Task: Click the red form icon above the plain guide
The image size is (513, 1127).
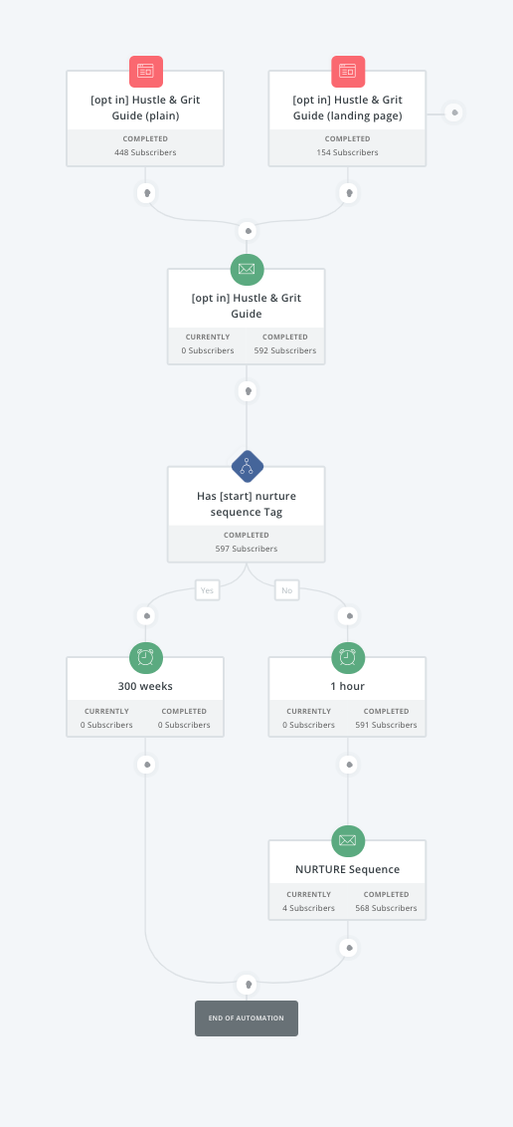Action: [x=146, y=71]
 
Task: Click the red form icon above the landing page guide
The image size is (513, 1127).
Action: [x=347, y=71]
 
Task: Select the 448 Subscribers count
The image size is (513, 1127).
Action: [x=145, y=152]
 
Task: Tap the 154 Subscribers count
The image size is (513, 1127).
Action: [x=347, y=152]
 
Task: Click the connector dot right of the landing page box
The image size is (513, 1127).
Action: [x=453, y=113]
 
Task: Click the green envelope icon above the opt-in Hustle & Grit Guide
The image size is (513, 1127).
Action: [x=247, y=269]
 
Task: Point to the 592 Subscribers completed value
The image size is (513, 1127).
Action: [x=285, y=350]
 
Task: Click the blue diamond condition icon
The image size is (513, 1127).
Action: [x=247, y=466]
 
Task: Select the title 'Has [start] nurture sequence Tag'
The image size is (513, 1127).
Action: [x=247, y=504]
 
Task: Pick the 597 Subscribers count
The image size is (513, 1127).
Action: [x=247, y=549]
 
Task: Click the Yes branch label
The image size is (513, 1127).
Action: [x=207, y=590]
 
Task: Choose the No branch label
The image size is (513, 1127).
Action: [x=286, y=590]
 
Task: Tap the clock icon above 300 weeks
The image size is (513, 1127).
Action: [x=146, y=656]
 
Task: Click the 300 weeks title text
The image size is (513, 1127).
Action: [x=146, y=686]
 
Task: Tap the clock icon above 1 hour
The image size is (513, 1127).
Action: [x=347, y=656]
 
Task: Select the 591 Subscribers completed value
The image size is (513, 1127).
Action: [x=386, y=725]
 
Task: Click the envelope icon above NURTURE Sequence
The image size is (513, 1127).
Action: [x=347, y=839]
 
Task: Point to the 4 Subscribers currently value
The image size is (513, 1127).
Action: [x=308, y=908]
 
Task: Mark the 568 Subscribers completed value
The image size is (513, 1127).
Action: [x=386, y=908]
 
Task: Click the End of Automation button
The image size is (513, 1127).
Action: [x=247, y=1018]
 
